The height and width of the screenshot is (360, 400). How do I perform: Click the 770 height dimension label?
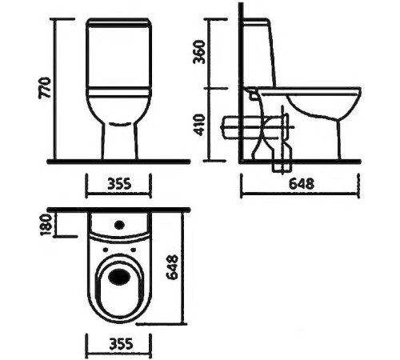pyautogui.click(x=45, y=88)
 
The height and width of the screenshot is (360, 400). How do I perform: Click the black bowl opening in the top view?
pyautogui.click(x=120, y=278)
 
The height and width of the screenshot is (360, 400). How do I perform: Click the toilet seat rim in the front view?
pyautogui.click(x=118, y=94)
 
